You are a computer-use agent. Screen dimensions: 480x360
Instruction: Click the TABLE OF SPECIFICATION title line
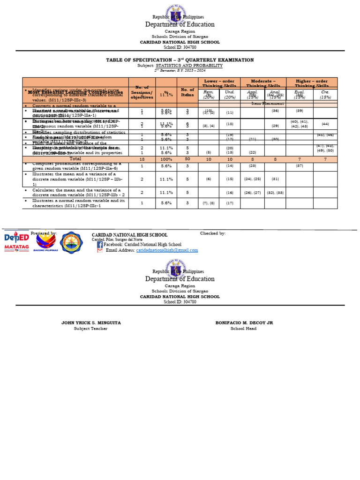(180, 60)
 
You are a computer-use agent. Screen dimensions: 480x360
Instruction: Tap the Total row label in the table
(75, 159)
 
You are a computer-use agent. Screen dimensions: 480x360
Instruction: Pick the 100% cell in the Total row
(166, 159)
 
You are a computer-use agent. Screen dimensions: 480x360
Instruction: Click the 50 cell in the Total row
(187, 159)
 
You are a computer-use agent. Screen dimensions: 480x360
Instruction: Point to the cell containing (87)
(299, 166)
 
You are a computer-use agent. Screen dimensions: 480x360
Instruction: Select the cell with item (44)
(325, 124)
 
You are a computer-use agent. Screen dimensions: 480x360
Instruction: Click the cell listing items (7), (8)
(208, 203)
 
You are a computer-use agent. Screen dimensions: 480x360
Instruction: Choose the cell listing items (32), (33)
(275, 192)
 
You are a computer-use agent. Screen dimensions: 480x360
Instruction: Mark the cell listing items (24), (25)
(252, 179)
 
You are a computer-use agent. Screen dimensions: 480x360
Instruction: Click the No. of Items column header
(187, 92)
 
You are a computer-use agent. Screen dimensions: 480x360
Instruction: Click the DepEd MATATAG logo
(16, 242)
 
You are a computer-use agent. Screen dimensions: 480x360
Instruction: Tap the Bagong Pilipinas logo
(45, 243)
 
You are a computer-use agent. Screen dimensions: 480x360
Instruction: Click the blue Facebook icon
(100, 244)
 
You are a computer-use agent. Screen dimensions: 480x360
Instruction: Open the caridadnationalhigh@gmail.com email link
(167, 250)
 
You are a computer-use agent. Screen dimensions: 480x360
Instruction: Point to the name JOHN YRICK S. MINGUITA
(90, 323)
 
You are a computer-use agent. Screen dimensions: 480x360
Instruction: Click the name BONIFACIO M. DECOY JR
(244, 323)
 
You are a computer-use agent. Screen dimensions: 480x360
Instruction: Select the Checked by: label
(213, 233)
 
